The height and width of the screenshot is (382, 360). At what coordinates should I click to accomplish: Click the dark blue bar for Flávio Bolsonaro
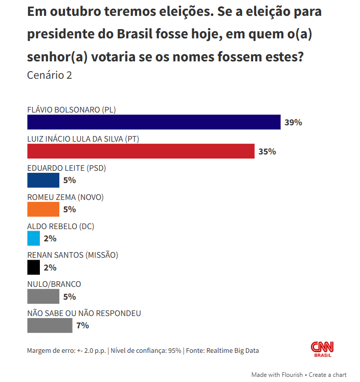(x=153, y=122)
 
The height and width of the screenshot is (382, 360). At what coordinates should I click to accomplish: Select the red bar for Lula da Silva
(x=141, y=151)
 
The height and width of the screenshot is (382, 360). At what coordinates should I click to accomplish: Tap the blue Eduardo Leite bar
(x=43, y=181)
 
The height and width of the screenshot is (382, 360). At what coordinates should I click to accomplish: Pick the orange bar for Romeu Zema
(x=43, y=209)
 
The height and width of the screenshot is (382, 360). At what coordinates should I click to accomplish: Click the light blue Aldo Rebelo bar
(x=33, y=238)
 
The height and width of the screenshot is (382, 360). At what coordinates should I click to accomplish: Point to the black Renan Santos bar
(x=33, y=267)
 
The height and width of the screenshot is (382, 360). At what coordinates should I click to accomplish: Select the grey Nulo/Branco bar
(x=43, y=297)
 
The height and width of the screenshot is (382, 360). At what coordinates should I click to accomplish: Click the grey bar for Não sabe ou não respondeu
(x=50, y=325)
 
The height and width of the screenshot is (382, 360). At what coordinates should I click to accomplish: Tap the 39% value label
(x=294, y=123)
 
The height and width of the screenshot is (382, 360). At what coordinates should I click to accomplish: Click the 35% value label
(x=267, y=152)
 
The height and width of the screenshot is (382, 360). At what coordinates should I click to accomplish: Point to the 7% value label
(x=82, y=326)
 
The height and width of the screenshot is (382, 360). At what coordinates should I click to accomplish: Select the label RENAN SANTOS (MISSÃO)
(x=72, y=255)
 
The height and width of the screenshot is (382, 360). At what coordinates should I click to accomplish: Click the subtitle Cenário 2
(x=50, y=76)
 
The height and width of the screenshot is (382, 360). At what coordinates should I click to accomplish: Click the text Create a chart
(x=327, y=375)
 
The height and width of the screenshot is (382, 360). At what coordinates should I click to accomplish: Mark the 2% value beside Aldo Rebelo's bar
(x=50, y=238)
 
